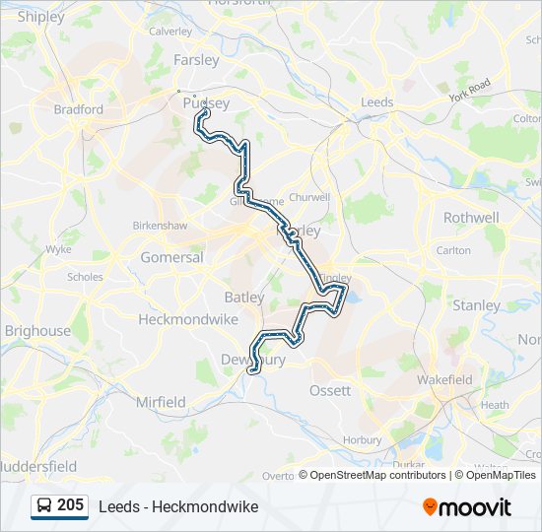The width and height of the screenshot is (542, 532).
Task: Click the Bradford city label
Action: (78, 109)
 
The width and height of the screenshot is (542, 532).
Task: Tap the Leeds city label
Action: (377, 102)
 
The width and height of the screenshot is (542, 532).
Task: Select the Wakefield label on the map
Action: (444, 379)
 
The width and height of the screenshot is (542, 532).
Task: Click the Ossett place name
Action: (330, 390)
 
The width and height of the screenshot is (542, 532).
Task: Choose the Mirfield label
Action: (161, 402)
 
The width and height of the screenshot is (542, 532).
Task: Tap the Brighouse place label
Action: (37, 331)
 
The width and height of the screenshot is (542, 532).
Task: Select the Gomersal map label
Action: (171, 257)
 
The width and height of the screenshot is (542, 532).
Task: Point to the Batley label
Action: (244, 297)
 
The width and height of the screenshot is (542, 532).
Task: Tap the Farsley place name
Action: (196, 59)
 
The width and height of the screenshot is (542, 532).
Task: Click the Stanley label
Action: (476, 305)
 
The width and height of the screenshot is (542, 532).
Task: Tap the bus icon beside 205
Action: (44, 505)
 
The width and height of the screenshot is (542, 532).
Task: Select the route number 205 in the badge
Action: (70, 505)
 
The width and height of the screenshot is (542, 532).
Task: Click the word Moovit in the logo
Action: (475, 507)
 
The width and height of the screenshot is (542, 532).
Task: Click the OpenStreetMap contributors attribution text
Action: (376, 475)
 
